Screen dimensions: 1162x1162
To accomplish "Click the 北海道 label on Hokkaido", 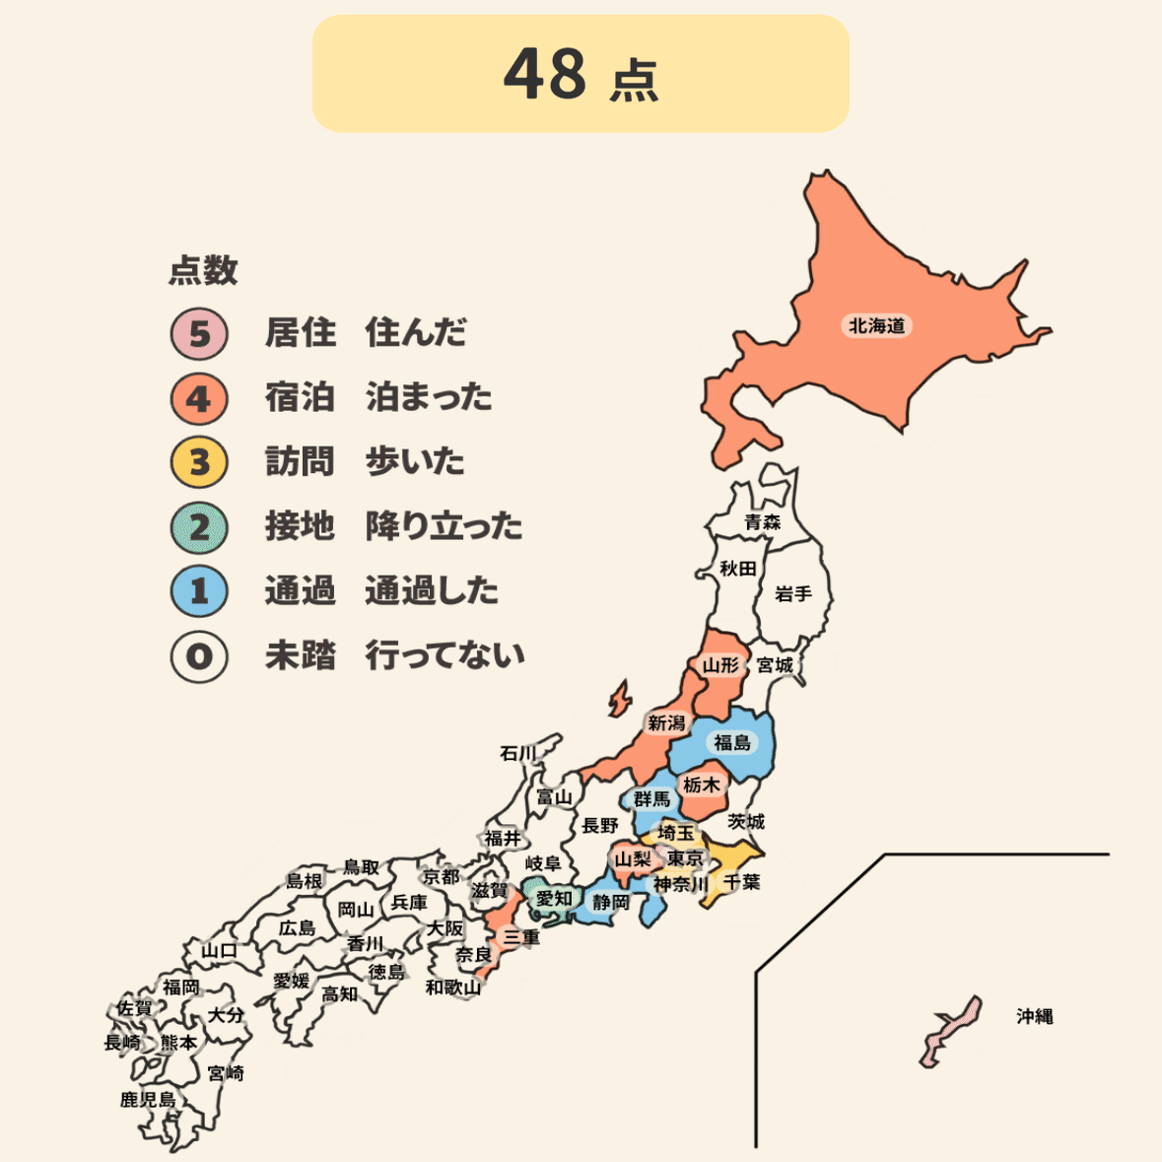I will pyautogui.click(x=876, y=325).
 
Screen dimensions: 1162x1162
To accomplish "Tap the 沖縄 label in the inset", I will pyautogui.click(x=1035, y=1016).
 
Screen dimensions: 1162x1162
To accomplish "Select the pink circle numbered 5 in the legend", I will pyautogui.click(x=199, y=333).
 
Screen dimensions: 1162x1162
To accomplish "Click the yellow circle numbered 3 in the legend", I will pyautogui.click(x=199, y=462).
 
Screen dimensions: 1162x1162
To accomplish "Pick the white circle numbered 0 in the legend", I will pyautogui.click(x=199, y=656).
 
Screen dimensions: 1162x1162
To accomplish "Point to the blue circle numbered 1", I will pyautogui.click(x=199, y=591).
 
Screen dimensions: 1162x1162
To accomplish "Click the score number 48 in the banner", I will pyautogui.click(x=545, y=74).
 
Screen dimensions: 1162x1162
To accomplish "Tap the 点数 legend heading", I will pyautogui.click(x=203, y=270).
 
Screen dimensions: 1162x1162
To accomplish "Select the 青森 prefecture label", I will pyautogui.click(x=762, y=521).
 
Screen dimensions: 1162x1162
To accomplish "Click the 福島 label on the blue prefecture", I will pyautogui.click(x=732, y=742).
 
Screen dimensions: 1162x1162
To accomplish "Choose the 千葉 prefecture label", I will pyautogui.click(x=741, y=882).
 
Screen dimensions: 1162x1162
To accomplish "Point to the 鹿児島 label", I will pyautogui.click(x=148, y=1100).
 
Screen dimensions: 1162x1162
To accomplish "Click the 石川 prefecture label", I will pyautogui.click(x=517, y=754).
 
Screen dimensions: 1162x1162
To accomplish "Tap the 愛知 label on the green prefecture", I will pyautogui.click(x=554, y=898).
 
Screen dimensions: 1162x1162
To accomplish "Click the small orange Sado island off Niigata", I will pyautogui.click(x=619, y=700).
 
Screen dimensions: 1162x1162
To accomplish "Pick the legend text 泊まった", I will pyautogui.click(x=429, y=397).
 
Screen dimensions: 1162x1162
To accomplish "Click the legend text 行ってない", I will pyautogui.click(x=444, y=655).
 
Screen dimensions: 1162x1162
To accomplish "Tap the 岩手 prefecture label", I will pyautogui.click(x=793, y=594).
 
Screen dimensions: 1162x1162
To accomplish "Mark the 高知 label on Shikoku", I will pyautogui.click(x=340, y=994).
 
